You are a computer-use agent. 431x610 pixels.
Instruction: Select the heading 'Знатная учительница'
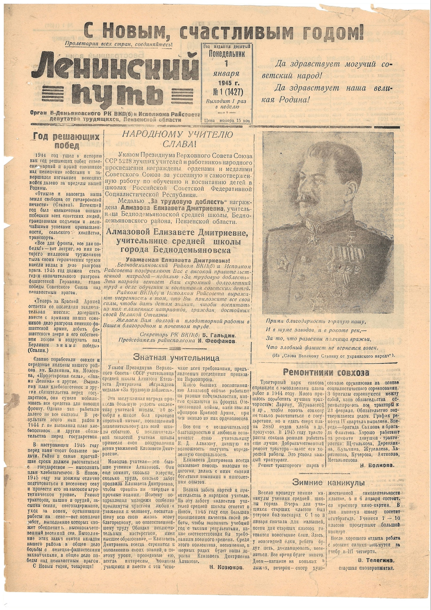(176, 358)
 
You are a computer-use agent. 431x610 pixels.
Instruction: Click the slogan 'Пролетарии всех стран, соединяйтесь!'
(118, 44)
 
